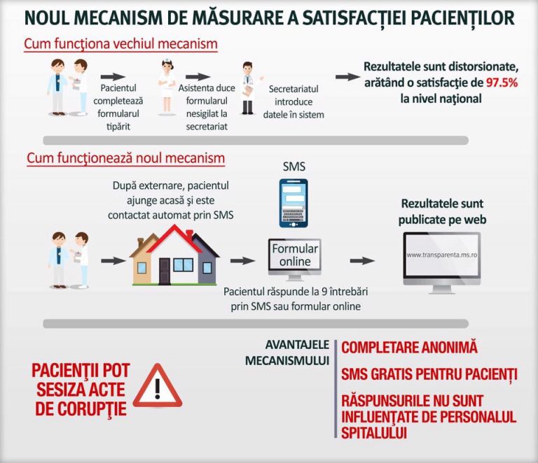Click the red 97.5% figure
pyautogui.click(x=502, y=83)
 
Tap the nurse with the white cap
pyautogui.click(x=167, y=87)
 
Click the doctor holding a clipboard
pyautogui.click(x=249, y=88)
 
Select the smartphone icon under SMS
pyautogui.click(x=294, y=203)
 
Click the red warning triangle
pyautogui.click(x=158, y=386)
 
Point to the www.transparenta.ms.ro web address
pyautogui.click(x=442, y=255)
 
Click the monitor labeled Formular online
pyautogui.click(x=295, y=259)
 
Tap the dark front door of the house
pyautogui.click(x=165, y=271)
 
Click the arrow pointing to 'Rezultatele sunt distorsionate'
pyautogui.click(x=347, y=77)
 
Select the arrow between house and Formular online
pyautogui.click(x=242, y=261)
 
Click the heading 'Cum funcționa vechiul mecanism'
pyautogui.click(x=120, y=44)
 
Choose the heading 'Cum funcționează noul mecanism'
pyautogui.click(x=126, y=158)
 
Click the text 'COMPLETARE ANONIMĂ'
pyautogui.click(x=409, y=347)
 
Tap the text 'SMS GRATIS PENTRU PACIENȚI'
pyautogui.click(x=429, y=374)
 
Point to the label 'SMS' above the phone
pyautogui.click(x=294, y=166)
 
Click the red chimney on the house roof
pyautogui.click(x=189, y=234)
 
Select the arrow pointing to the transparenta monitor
pyautogui.click(x=362, y=261)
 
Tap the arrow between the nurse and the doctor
pyautogui.click(x=198, y=77)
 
